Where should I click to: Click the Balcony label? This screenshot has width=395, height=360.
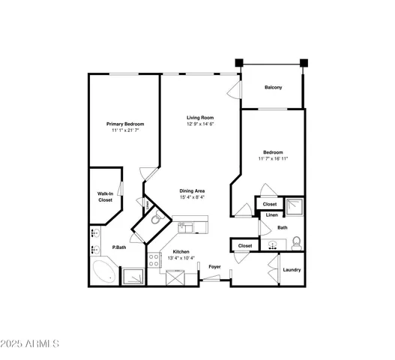click(x=273, y=88)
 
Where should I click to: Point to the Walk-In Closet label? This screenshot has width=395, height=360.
click(x=105, y=197)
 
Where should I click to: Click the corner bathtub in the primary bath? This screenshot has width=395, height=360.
click(x=103, y=272)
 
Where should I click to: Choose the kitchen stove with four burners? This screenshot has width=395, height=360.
click(x=154, y=260)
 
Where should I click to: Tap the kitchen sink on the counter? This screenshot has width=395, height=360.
click(x=185, y=227)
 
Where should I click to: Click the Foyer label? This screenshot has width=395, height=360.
click(x=214, y=266)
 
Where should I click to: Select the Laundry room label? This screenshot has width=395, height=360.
click(x=292, y=269)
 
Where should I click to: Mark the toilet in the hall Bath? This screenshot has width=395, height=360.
click(x=296, y=242)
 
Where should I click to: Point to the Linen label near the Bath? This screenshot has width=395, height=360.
click(x=271, y=215)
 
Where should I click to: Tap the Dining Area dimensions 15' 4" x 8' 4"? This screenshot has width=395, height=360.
click(x=192, y=198)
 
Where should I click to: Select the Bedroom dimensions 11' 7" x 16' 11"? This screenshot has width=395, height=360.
click(x=273, y=159)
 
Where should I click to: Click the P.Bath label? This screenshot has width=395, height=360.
click(x=118, y=247)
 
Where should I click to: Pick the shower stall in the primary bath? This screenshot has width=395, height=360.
click(x=134, y=276)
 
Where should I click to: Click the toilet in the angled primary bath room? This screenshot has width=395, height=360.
click(x=157, y=220)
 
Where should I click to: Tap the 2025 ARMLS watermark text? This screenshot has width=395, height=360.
click(x=30, y=344)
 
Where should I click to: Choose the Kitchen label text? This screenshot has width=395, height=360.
click(x=181, y=251)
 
